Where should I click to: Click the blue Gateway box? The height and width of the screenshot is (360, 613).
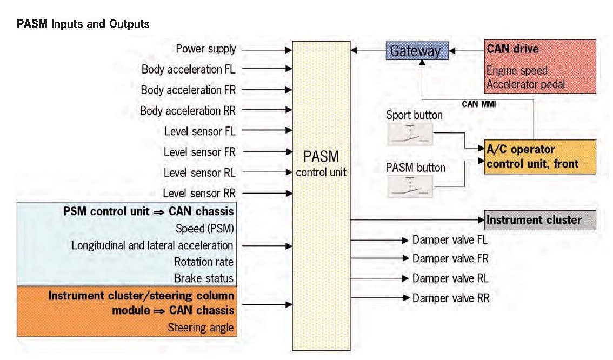pos(415,51)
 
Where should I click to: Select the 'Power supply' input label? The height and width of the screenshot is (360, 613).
pos(206,49)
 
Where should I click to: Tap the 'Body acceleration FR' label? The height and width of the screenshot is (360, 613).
pos(188,90)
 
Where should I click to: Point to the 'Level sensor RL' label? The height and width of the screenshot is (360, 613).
pos(199,172)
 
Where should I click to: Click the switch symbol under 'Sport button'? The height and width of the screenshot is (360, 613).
pos(410,134)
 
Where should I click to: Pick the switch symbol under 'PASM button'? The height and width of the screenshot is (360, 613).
pos(410,185)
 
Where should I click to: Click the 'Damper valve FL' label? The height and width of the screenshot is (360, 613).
pos(450,240)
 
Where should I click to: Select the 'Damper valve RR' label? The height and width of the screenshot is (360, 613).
pos(451,298)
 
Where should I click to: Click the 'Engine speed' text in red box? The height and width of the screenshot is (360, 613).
pos(517,71)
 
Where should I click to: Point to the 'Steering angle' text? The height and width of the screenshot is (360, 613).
pos(201,328)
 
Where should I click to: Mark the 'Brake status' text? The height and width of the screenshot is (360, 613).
pos(204,278)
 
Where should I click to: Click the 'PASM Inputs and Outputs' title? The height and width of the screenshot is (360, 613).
pos(83,24)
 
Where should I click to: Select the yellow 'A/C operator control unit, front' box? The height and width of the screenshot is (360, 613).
pos(539,157)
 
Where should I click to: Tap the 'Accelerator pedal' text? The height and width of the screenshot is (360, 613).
pos(526,84)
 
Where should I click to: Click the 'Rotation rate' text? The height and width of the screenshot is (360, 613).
pos(204,262)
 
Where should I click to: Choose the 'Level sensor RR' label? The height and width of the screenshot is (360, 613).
pos(199,193)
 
